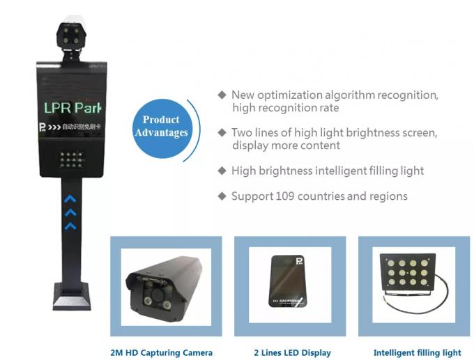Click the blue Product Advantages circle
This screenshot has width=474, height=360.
tap(162, 127)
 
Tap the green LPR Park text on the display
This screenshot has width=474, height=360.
tap(72, 108)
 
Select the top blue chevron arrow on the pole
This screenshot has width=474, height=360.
tap(70, 198)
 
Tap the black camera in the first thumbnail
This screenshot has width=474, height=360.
tap(165, 286)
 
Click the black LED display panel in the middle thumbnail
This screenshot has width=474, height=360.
tap(288, 281)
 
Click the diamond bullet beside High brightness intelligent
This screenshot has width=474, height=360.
tap(222, 170)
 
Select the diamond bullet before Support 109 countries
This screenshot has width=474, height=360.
tap(222, 196)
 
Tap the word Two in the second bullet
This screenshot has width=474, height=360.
tap(243, 132)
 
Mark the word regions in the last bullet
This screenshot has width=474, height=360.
tap(388, 196)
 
